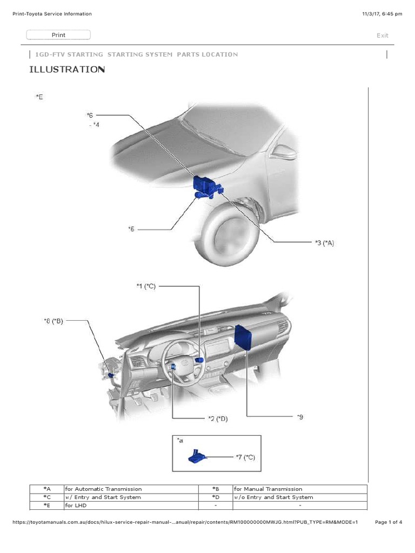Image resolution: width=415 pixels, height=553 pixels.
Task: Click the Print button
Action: coord(58,35)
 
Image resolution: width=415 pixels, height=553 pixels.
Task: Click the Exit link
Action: coord(382,36)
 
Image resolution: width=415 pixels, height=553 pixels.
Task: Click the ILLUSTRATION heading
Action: coord(66,70)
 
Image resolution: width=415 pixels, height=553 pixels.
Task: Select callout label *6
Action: coord(90,115)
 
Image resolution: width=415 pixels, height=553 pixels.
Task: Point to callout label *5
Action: coord(131,229)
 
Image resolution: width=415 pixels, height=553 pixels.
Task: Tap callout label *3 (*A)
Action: coord(324,243)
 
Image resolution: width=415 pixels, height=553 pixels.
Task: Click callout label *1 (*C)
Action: coord(146,287)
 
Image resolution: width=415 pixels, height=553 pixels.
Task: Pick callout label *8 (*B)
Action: coord(53,321)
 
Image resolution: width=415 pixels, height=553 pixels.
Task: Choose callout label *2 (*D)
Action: coord(218,419)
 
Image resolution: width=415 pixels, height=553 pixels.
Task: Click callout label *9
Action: coord(300,417)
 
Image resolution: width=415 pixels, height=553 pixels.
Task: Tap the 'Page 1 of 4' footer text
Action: coord(388,522)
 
